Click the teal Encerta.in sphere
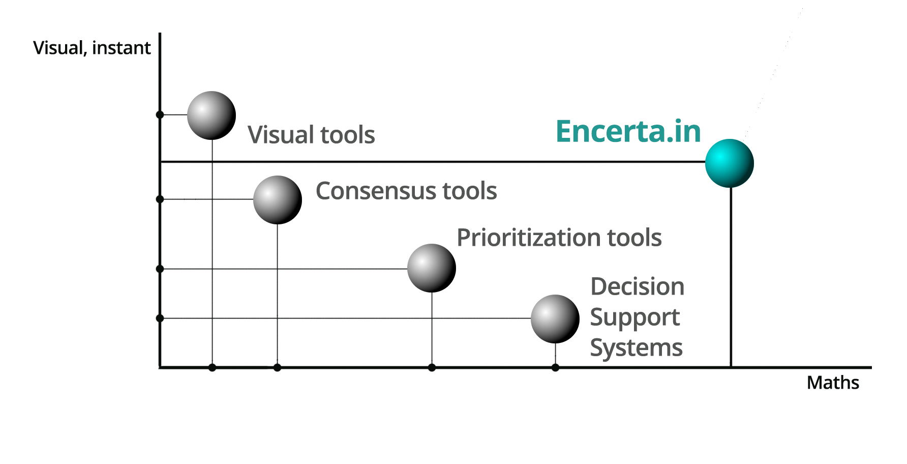coord(729,163)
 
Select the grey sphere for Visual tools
coord(211,115)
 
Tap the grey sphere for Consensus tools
coord(278,200)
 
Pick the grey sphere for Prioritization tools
coord(432,268)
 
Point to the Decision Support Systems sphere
coord(555,319)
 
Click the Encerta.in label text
coord(628,131)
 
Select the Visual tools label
coord(311,135)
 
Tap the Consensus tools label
coord(406,191)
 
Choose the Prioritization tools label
coord(559,238)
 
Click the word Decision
coord(638,286)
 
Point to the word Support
coord(635,318)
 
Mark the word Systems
coord(636,349)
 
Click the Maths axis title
coord(833,383)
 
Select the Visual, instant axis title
coord(92,48)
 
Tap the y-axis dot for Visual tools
coord(160,115)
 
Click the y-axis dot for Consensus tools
coord(160,199)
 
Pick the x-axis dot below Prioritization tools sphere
coord(432,367)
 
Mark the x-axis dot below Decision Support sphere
coord(555,367)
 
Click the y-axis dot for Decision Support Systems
coord(160,318)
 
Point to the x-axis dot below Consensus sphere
coord(277,367)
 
